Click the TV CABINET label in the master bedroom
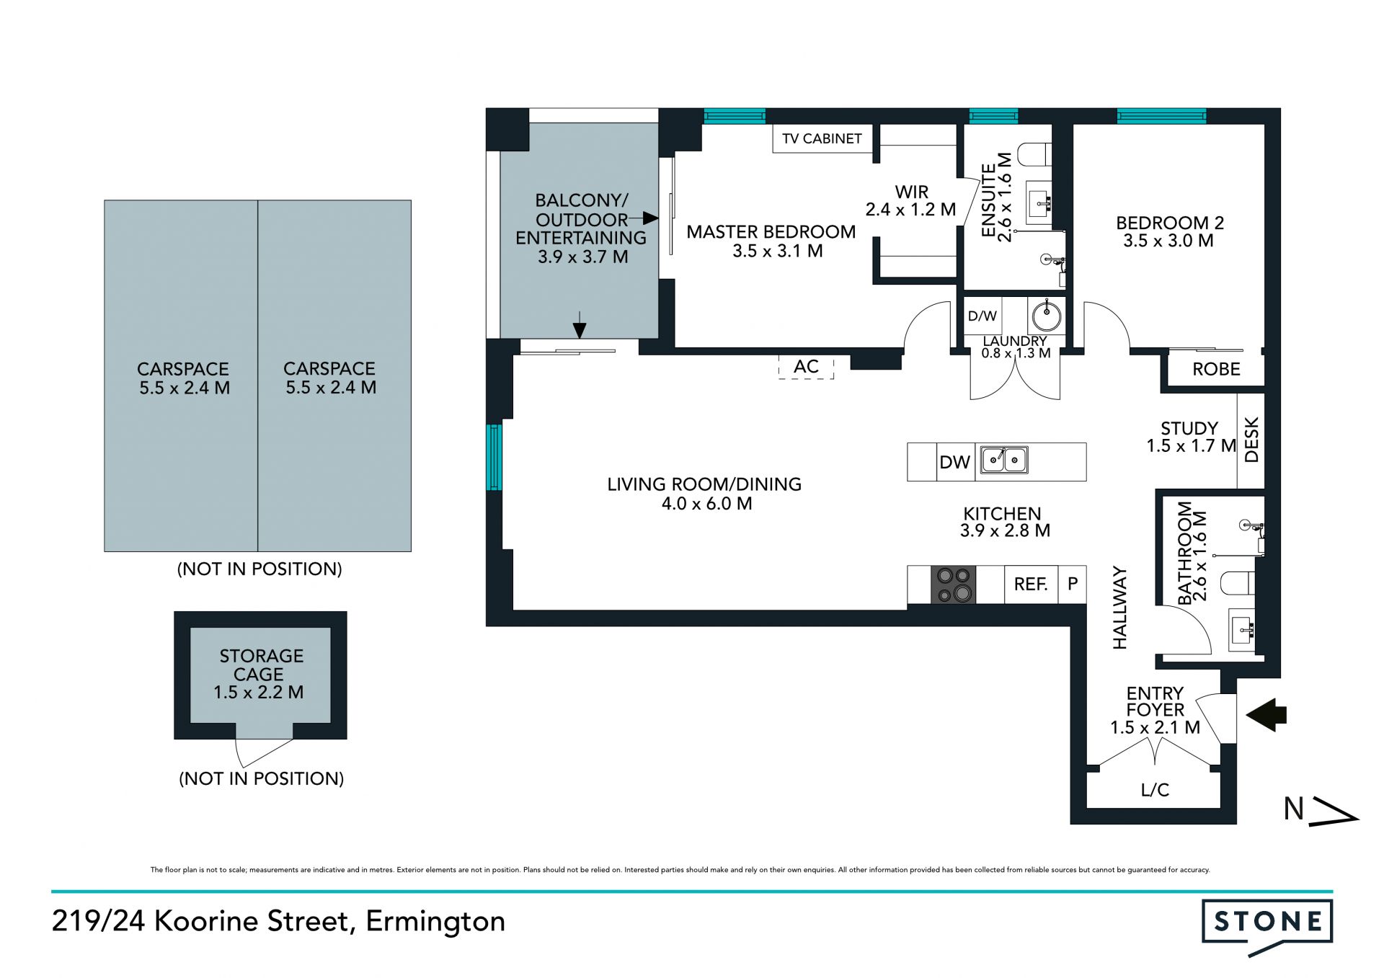pos(822,138)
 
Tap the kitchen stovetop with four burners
pos(954,584)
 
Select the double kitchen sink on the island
pos(1004,460)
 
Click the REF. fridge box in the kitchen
pos(1031,584)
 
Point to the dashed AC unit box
pos(806,367)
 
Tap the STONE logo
pos(1267,925)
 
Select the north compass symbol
pos(1321,810)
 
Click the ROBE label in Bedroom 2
pos(1216,370)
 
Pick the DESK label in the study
pos(1251,440)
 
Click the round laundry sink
pos(1046,316)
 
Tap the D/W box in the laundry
pos(982,316)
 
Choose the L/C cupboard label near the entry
pos(1155,790)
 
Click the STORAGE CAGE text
pos(261,665)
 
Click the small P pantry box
pos(1073,584)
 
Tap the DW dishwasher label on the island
pos(955,462)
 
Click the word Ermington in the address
pos(435,922)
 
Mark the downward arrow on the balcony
pos(580,325)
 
